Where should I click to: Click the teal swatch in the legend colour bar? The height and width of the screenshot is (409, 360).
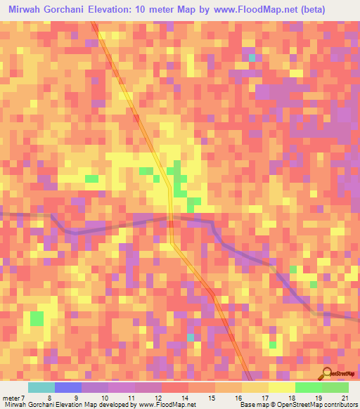click(x=41, y=387)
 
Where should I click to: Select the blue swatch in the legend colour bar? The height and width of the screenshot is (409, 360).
click(x=68, y=387)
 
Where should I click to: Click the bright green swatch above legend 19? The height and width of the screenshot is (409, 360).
click(x=309, y=387)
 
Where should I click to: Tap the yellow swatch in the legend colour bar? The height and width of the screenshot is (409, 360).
click(x=282, y=387)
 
